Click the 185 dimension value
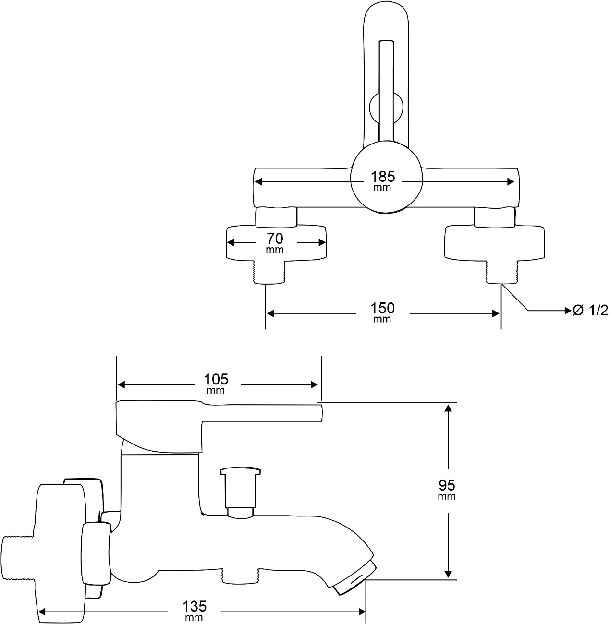(x=382, y=177)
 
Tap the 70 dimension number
(x=275, y=239)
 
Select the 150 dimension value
(x=382, y=309)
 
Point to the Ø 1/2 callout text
(x=590, y=311)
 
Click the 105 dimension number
(x=216, y=380)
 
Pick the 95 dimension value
(x=447, y=486)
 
